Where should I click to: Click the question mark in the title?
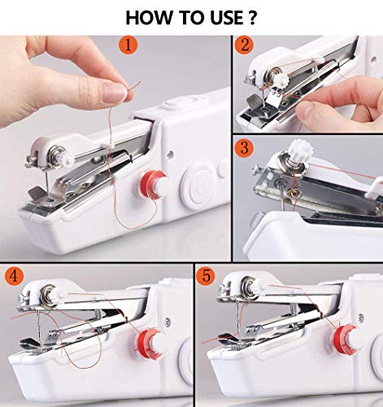coord(251,18)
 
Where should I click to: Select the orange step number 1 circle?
coord(128,45)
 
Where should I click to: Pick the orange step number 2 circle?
coord(244,45)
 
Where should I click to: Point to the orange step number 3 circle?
coord(244,148)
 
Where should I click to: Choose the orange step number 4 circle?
coord(14,276)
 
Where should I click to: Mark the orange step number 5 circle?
coord(207,276)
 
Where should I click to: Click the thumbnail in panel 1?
coord(116,92)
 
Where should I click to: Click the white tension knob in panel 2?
coord(279,79)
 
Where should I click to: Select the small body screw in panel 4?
coord(168,322)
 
